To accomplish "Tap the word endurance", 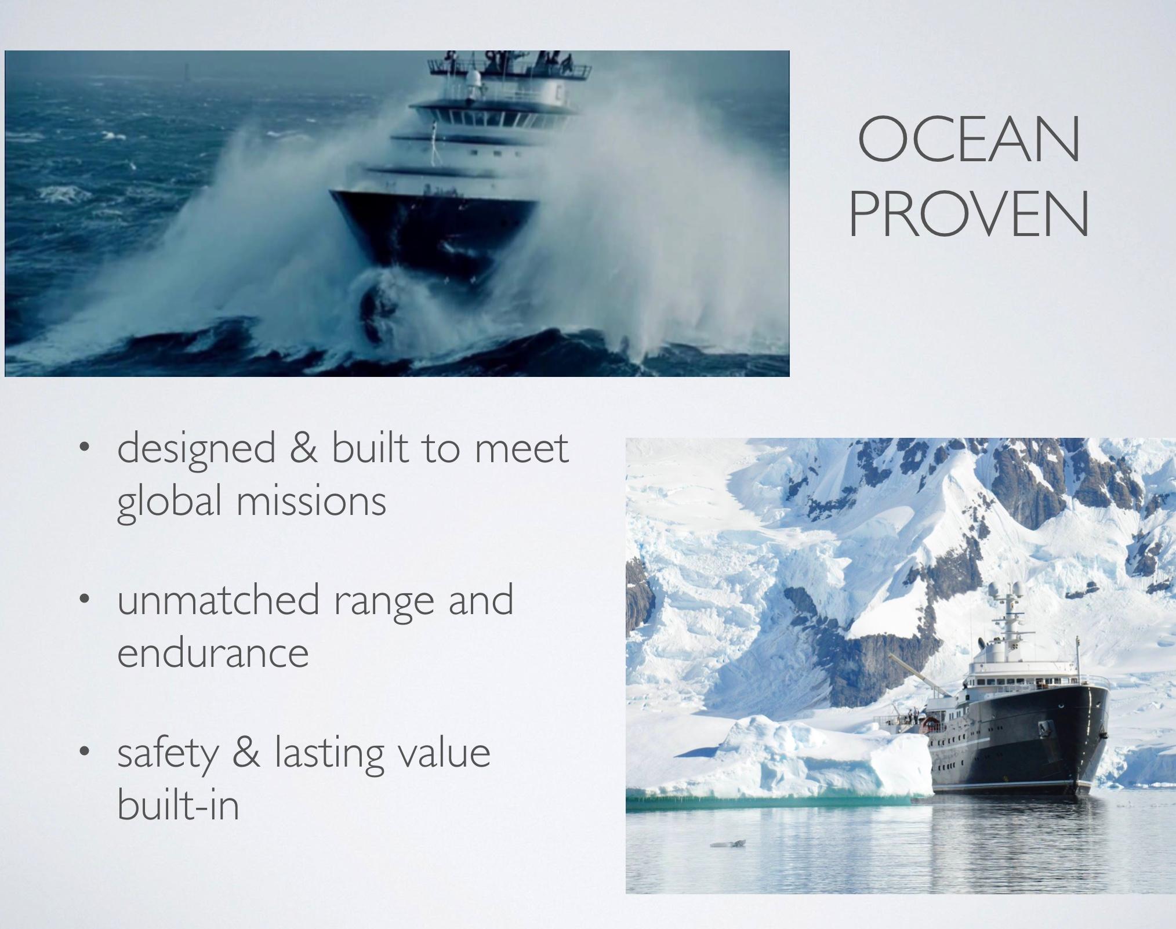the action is [x=213, y=652].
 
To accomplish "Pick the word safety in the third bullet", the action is [x=168, y=755].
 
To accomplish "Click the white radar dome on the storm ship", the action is [x=473, y=78].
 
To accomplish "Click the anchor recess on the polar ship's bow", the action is [x=1048, y=728].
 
